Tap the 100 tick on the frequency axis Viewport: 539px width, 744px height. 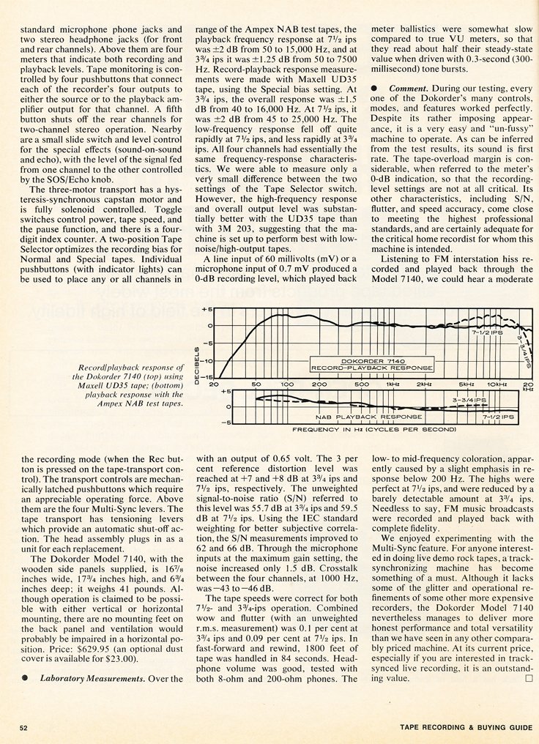click(287, 384)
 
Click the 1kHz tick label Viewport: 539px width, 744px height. click(393, 384)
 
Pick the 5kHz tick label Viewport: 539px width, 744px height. click(465, 384)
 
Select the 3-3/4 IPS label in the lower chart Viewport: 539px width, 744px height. click(469, 399)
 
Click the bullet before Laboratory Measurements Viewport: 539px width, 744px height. click(25, 678)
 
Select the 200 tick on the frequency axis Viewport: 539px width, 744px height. click(320, 384)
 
